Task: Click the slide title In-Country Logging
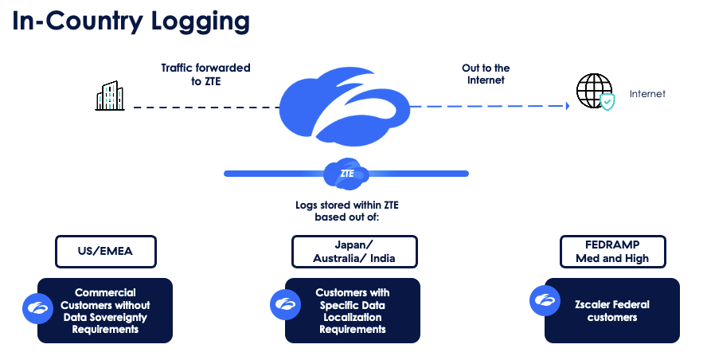click(x=131, y=21)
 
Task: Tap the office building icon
click(x=111, y=96)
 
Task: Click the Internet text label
click(x=647, y=94)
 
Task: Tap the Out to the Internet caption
click(x=486, y=74)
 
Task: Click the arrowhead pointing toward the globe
click(x=566, y=106)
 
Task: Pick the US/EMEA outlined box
click(x=105, y=251)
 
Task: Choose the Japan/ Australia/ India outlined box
click(x=355, y=251)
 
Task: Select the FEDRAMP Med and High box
click(x=612, y=251)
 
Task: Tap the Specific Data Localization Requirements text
click(x=352, y=311)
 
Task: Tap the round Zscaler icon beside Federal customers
click(x=545, y=300)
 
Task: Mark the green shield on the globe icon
click(x=607, y=103)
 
